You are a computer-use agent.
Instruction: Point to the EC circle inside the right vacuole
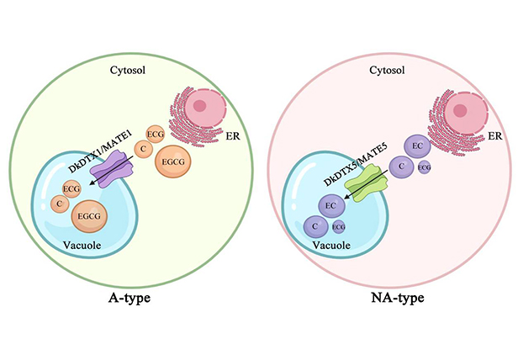[x=331, y=204]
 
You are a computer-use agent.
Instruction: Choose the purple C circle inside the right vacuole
[x=315, y=226]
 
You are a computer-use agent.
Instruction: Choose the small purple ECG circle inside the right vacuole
[x=338, y=227]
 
